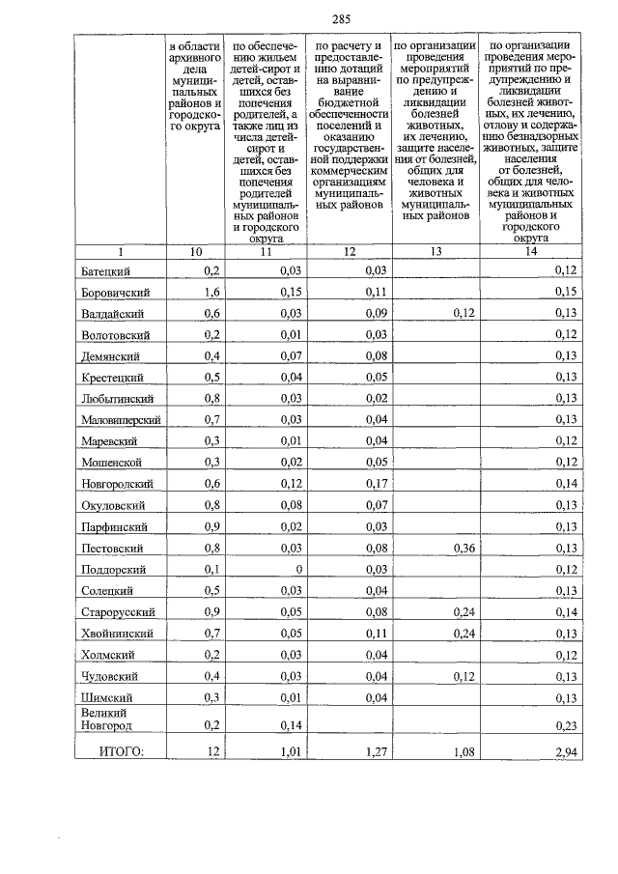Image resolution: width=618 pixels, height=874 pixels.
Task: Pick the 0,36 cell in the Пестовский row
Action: point(467,548)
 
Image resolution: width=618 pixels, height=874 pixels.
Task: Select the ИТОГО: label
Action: point(117,747)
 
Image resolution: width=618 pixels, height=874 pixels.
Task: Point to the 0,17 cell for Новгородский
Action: point(377,483)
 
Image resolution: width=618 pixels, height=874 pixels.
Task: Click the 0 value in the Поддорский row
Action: point(300,569)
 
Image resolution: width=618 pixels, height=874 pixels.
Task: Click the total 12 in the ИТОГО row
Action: point(213,748)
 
